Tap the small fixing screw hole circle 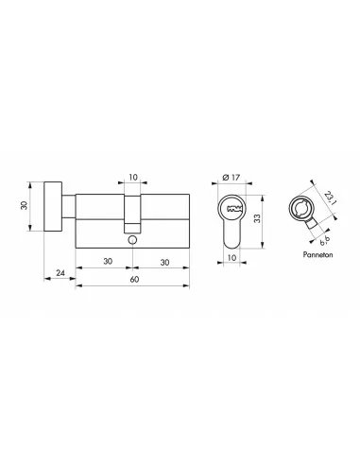point(133,242)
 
